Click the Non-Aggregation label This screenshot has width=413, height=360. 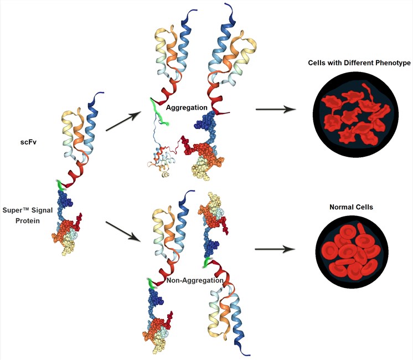pos(194,281)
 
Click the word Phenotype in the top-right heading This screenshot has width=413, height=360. pos(390,63)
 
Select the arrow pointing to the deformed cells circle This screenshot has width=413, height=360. pos(275,109)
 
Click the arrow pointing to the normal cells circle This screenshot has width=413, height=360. pos(275,249)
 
